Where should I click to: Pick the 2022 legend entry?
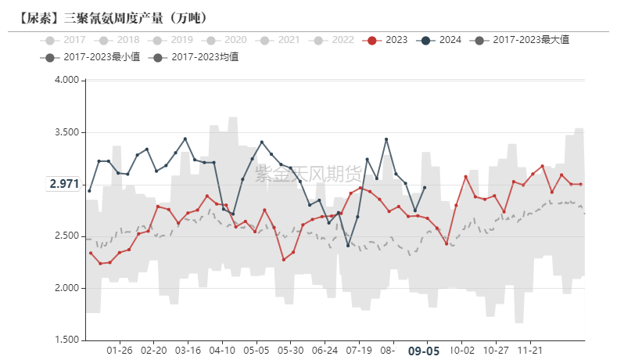pos(332,40)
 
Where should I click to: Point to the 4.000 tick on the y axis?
pos(66,80)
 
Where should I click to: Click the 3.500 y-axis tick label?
pos(66,132)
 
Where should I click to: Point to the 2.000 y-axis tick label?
pos(66,289)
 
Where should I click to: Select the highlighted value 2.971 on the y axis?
pos(64,184)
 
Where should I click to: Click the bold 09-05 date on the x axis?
pos(423,352)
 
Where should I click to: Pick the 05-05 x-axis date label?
pos(257,351)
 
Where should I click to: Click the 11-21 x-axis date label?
pos(531,351)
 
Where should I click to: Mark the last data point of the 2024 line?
pos(424,187)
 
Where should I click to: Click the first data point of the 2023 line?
pos(90,253)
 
